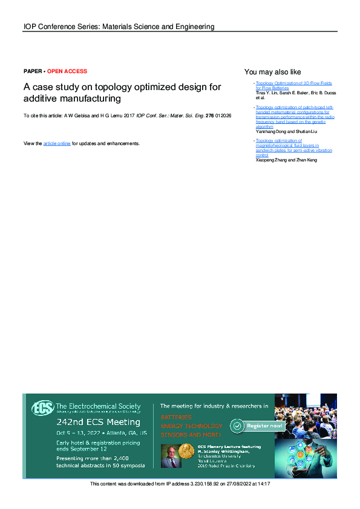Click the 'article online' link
point(57,144)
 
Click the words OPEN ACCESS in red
point(67,71)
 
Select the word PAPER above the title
point(33,71)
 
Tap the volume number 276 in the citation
point(210,115)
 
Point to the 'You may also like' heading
point(272,72)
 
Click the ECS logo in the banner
point(42,408)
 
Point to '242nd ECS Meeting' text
point(98,422)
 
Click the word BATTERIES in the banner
point(176,417)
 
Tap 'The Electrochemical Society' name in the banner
point(98,407)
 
